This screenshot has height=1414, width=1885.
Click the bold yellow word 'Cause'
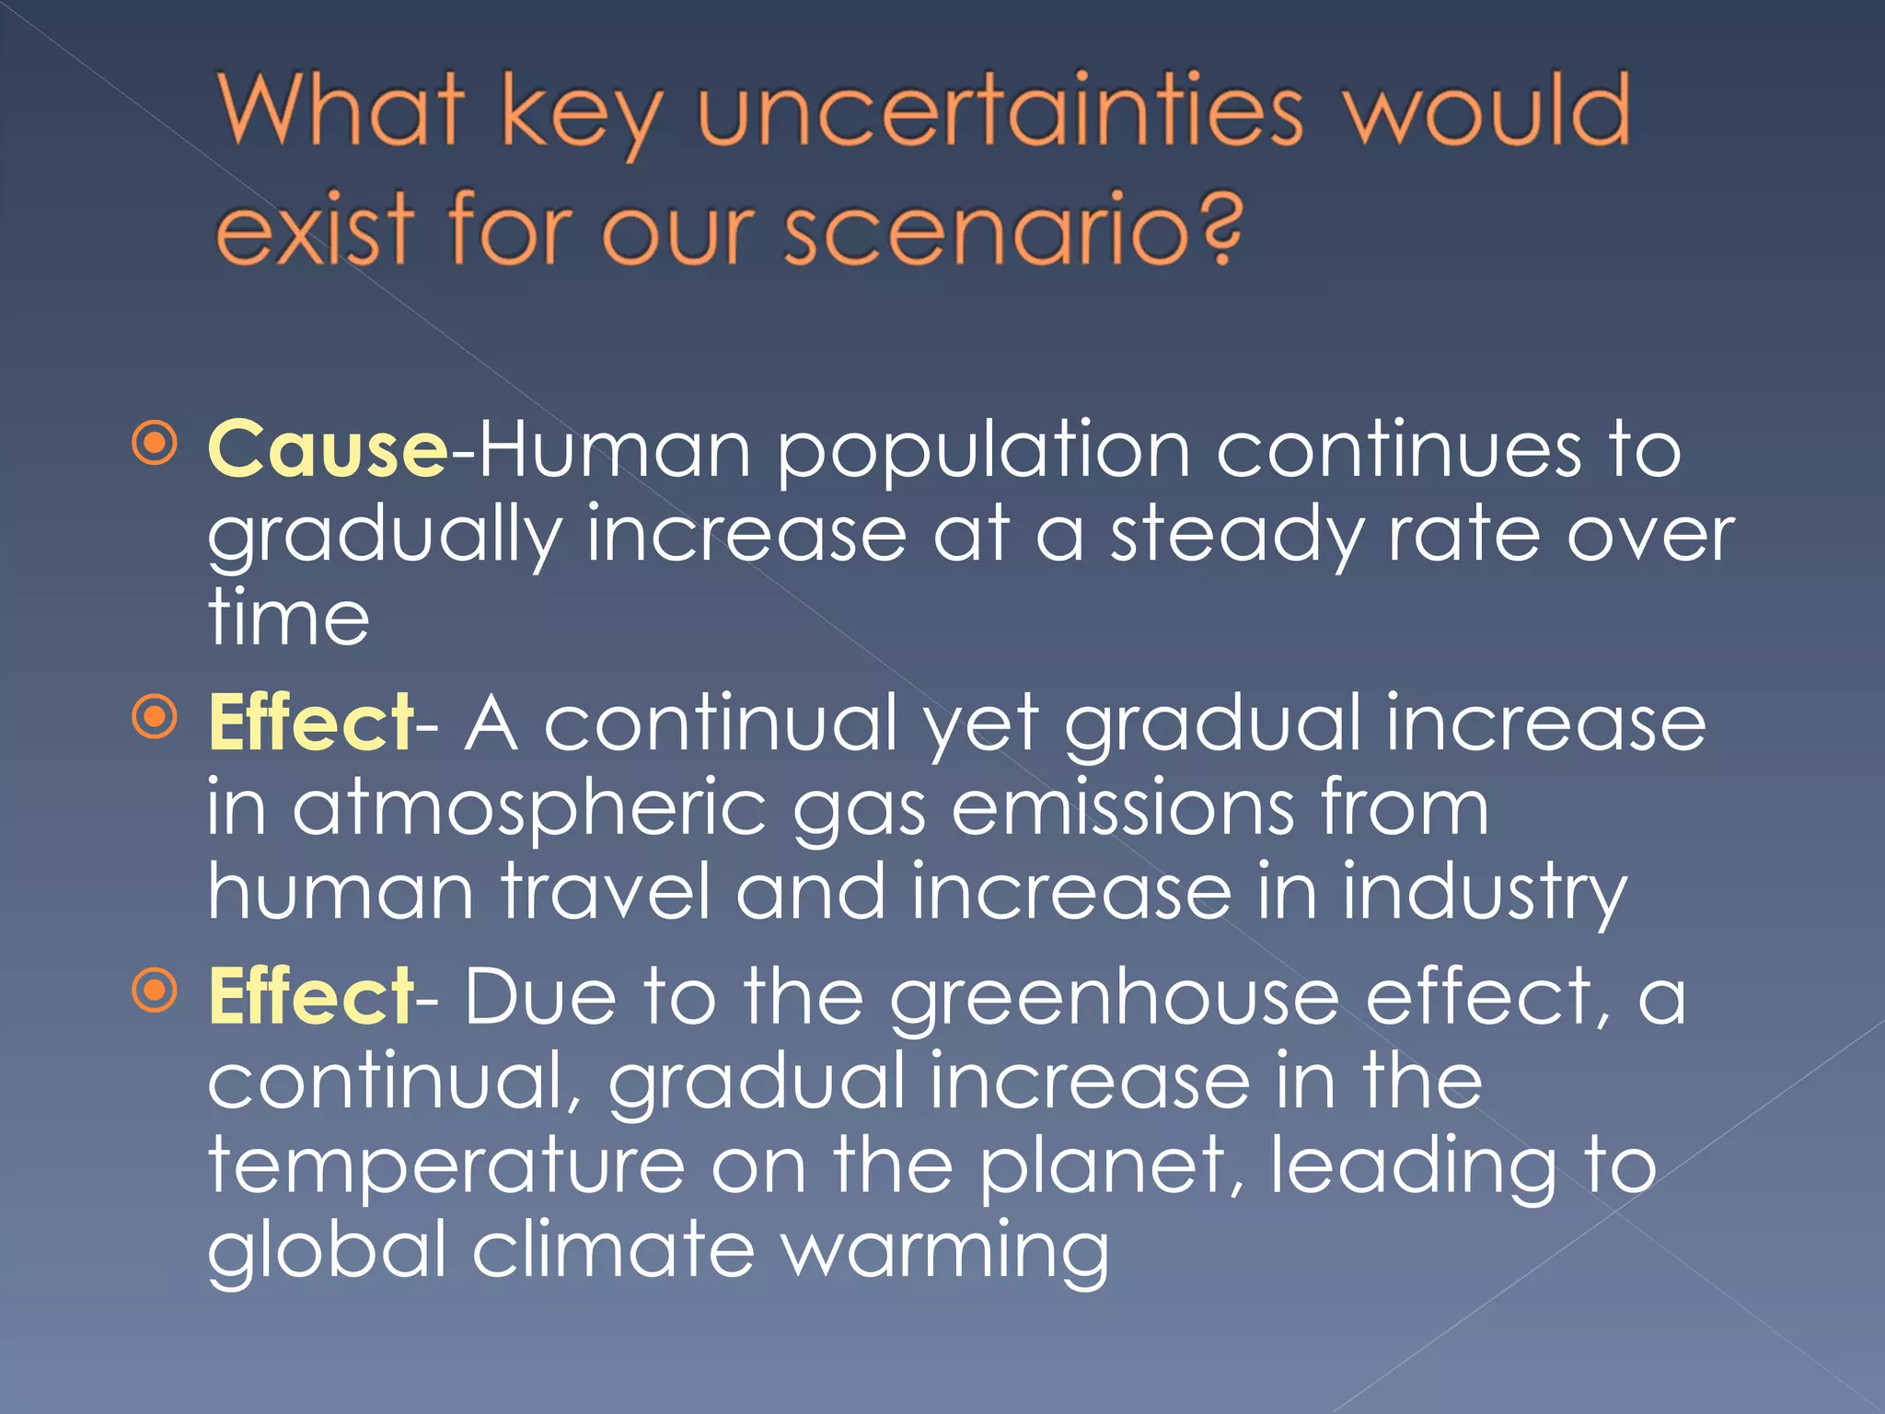(328, 448)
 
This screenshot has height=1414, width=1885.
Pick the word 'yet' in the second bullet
(981, 725)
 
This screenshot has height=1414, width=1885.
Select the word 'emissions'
(1122, 807)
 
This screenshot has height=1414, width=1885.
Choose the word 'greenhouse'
(1113, 1000)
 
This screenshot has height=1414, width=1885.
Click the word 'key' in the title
(580, 114)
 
